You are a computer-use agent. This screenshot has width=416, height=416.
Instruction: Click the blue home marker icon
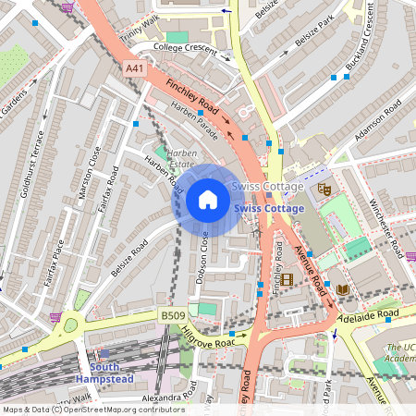[208, 200]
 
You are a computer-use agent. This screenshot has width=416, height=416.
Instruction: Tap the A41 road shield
[135, 68]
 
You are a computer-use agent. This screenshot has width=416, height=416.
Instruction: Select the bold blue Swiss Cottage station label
[269, 209]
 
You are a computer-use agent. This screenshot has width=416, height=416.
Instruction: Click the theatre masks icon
[324, 189]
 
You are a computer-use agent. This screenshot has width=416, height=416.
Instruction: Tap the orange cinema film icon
[288, 279]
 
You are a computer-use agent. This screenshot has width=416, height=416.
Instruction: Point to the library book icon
[343, 290]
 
